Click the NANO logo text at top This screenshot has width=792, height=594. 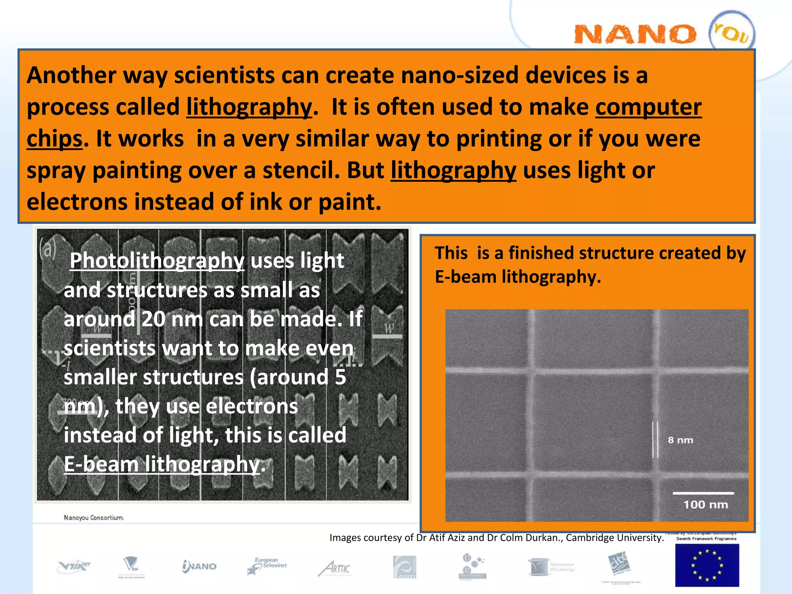click(635, 34)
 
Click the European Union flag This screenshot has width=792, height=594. click(707, 565)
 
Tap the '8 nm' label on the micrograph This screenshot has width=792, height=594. click(680, 440)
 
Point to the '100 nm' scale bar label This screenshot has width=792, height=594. click(705, 505)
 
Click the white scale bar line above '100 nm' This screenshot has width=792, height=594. click(703, 493)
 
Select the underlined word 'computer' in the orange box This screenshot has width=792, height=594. click(648, 107)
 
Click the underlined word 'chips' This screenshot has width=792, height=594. click(55, 139)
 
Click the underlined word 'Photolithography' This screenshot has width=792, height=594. click(157, 261)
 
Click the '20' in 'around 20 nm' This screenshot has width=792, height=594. click(153, 319)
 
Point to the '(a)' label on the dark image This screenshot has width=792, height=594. click(48, 249)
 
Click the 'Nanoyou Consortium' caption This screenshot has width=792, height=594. click(94, 518)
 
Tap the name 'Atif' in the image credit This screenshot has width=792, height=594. click(439, 538)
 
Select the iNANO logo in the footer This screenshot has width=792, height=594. click(199, 567)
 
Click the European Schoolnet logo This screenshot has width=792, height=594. click(267, 566)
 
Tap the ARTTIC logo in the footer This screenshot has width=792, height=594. click(335, 568)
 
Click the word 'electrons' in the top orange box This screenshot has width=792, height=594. click(77, 202)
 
